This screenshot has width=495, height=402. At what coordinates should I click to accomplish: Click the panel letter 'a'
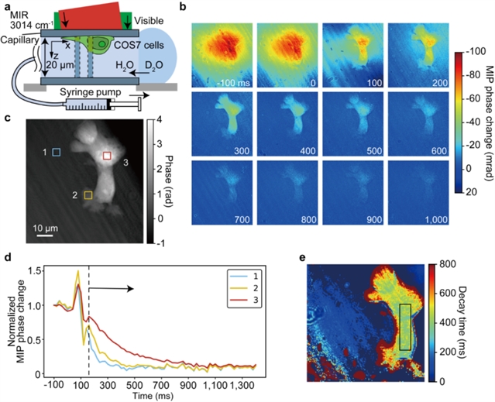(x=6, y=7)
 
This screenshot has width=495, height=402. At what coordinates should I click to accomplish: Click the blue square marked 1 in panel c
(x=56, y=153)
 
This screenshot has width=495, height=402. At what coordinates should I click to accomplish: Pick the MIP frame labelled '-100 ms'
(x=222, y=54)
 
